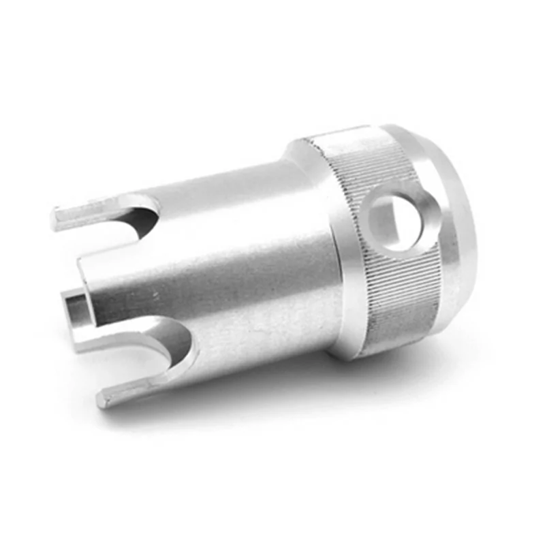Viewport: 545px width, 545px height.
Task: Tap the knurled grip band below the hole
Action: pyautogui.click(x=402, y=300)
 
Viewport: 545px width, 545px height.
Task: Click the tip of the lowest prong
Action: pyautogui.click(x=104, y=399)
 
